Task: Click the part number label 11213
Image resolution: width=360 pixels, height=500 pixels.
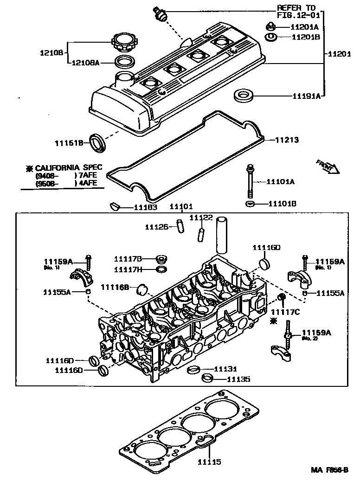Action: tap(287, 140)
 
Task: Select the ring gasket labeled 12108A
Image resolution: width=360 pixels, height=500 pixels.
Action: tap(124, 61)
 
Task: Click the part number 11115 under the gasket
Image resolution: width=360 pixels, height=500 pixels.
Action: tap(209, 462)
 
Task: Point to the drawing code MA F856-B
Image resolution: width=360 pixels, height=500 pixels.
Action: tap(329, 469)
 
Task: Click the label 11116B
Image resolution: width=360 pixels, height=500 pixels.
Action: tap(115, 288)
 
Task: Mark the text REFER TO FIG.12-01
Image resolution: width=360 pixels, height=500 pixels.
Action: tap(296, 11)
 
